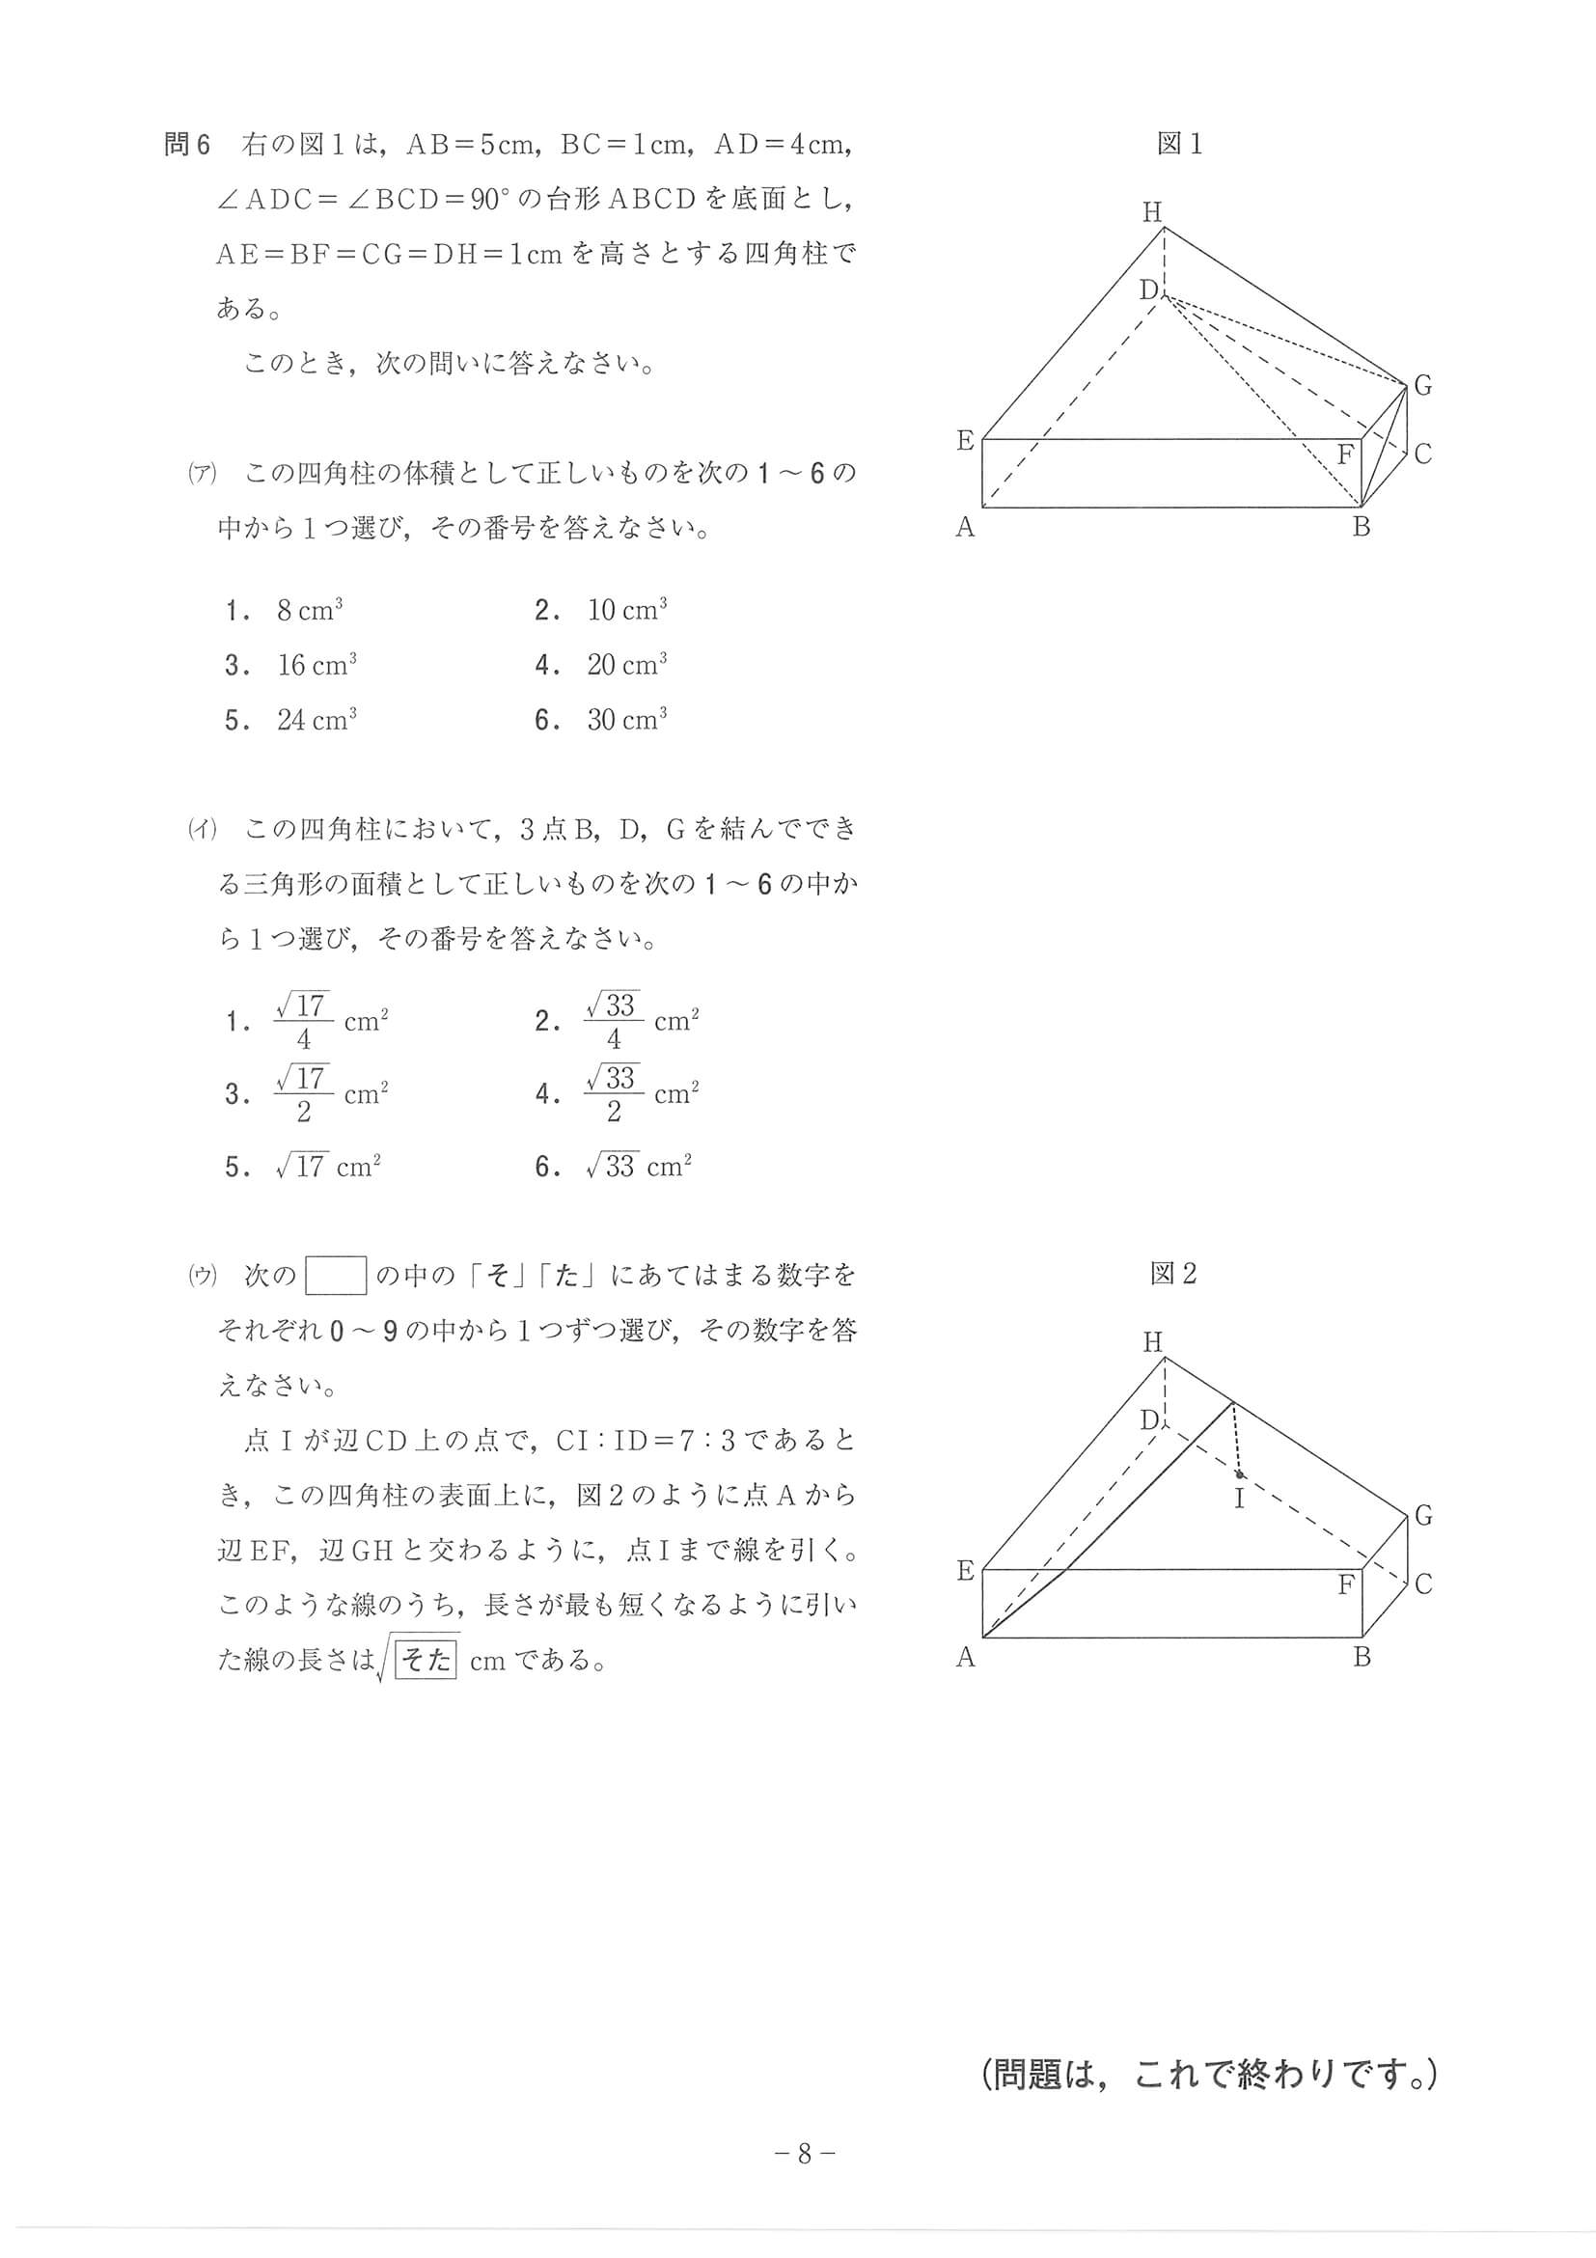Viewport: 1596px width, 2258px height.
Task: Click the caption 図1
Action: pyautogui.click(x=1179, y=145)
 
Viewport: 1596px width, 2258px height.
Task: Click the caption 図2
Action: pyautogui.click(x=1174, y=1274)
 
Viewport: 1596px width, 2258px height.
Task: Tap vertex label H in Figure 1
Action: pyautogui.click(x=1152, y=211)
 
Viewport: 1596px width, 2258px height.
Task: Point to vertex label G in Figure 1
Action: pyautogui.click(x=1422, y=386)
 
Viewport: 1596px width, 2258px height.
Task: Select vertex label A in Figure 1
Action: pyautogui.click(x=965, y=528)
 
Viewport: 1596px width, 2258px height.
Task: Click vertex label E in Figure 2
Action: pyautogui.click(x=966, y=1571)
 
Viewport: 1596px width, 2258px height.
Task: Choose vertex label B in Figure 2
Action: pyautogui.click(x=1361, y=1657)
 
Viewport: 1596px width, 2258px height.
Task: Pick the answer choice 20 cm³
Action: pyautogui.click(x=626, y=666)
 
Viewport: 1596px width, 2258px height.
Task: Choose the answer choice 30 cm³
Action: pyautogui.click(x=626, y=720)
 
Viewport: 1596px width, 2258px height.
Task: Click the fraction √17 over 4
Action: pyautogui.click(x=304, y=1021)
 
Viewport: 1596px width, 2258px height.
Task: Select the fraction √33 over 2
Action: pyautogui.click(x=614, y=1093)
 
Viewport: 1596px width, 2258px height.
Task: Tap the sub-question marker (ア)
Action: pyautogui.click(x=203, y=473)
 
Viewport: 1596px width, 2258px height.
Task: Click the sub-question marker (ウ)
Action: pyautogui.click(x=203, y=1276)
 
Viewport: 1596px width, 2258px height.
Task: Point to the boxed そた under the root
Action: pyautogui.click(x=426, y=1660)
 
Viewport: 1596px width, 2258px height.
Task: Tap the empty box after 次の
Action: pyautogui.click(x=336, y=1276)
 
